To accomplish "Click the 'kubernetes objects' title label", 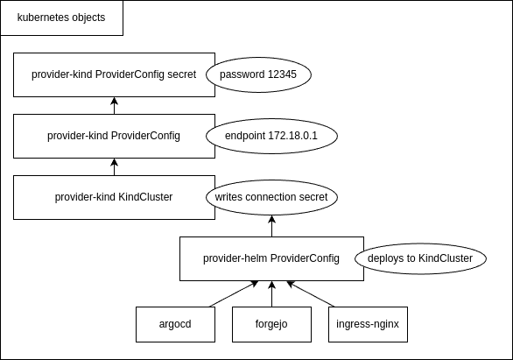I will point(61,18).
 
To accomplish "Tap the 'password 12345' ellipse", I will point(258,74).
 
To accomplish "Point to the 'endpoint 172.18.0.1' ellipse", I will point(271,136).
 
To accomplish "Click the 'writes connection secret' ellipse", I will point(271,197).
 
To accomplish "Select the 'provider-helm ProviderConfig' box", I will point(271,258).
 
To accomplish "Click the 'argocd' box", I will point(175,324).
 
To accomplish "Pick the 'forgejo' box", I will point(271,324).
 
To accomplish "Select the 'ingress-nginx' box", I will point(368,324).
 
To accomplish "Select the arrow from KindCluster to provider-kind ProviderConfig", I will point(114,167).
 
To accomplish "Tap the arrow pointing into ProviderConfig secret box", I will point(114,106).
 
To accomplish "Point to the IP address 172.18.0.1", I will point(292,136).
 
